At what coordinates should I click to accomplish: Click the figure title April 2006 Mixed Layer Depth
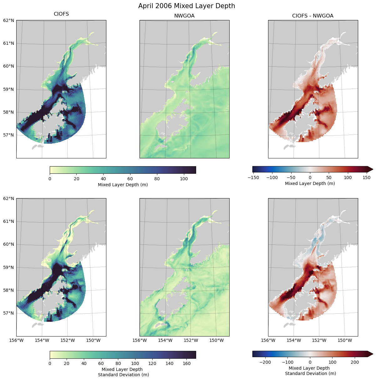pyautogui.click(x=186, y=6)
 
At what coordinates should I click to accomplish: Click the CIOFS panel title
pyautogui.click(x=61, y=14)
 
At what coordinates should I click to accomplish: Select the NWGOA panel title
pyautogui.click(x=184, y=16)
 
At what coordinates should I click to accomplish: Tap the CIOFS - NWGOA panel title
pyautogui.click(x=313, y=16)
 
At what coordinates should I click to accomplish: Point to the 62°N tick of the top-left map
pyautogui.click(x=9, y=20)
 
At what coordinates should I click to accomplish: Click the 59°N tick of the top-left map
pyautogui.click(x=9, y=89)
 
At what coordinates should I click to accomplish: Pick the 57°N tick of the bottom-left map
pyautogui.click(x=9, y=313)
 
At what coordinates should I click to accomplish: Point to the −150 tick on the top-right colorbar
pyautogui.click(x=253, y=177)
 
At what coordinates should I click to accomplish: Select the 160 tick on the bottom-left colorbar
pyautogui.click(x=186, y=363)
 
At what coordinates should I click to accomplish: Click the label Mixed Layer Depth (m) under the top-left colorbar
pyautogui.click(x=123, y=185)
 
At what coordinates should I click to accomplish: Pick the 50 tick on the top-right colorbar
pyautogui.click(x=329, y=177)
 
